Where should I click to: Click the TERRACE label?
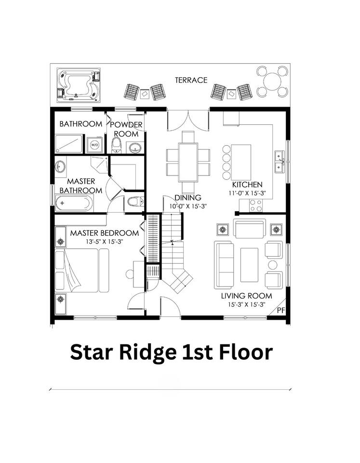pos(191,80)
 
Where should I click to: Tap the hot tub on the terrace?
pos(79,85)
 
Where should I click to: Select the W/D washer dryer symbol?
pos(95,145)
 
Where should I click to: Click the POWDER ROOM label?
pos(126,129)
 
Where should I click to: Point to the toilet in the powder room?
pos(117,146)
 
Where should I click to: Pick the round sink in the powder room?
pos(135,148)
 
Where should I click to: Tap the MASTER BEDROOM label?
pos(105,233)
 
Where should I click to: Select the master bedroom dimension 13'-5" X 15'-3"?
pos(105,242)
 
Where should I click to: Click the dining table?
pos(188,162)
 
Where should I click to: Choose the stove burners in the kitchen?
pos(255,205)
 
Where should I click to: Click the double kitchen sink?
pos(279,162)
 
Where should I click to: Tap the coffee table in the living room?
pos(249,265)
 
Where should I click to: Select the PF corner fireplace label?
pos(281,310)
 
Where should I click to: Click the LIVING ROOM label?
pos(247,296)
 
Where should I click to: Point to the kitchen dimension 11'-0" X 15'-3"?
pos(247,193)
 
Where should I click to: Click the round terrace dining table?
pos(272,81)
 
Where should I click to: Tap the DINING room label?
pos(188,198)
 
